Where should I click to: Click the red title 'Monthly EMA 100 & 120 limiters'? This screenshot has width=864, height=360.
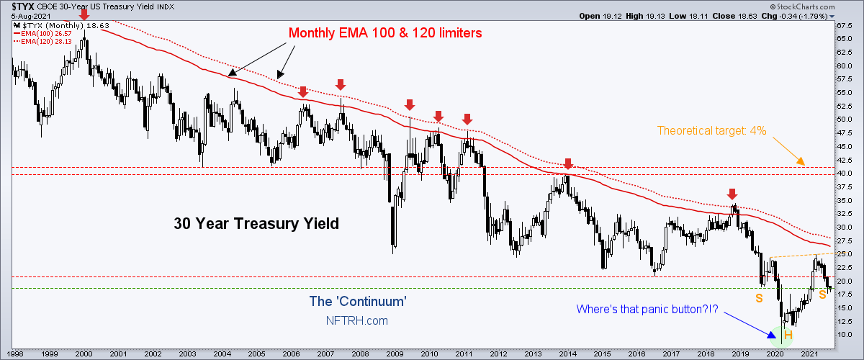tap(385, 33)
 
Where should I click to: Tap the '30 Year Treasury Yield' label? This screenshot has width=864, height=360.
tap(256, 223)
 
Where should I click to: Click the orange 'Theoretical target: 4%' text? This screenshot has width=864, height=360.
tap(711, 131)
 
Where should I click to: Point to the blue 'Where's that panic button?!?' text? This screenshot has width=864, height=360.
tap(647, 309)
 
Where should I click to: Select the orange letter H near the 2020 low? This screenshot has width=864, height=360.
tap(788, 335)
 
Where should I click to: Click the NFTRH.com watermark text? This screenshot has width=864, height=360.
tap(357, 320)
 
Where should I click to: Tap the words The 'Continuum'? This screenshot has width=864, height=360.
tap(358, 302)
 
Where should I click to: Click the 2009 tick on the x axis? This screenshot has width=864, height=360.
tap(395, 354)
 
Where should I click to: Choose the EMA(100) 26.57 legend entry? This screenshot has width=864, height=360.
tap(42, 34)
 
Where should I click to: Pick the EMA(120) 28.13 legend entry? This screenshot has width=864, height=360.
tap(42, 41)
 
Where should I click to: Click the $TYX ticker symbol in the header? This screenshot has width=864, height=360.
tap(23, 6)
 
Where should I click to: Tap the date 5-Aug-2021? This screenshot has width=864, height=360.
tap(31, 17)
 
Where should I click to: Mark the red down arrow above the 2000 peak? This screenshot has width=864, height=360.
tap(84, 14)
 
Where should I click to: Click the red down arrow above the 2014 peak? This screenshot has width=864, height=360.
tap(568, 163)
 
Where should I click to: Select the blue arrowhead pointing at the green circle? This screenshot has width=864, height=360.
tap(772, 335)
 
